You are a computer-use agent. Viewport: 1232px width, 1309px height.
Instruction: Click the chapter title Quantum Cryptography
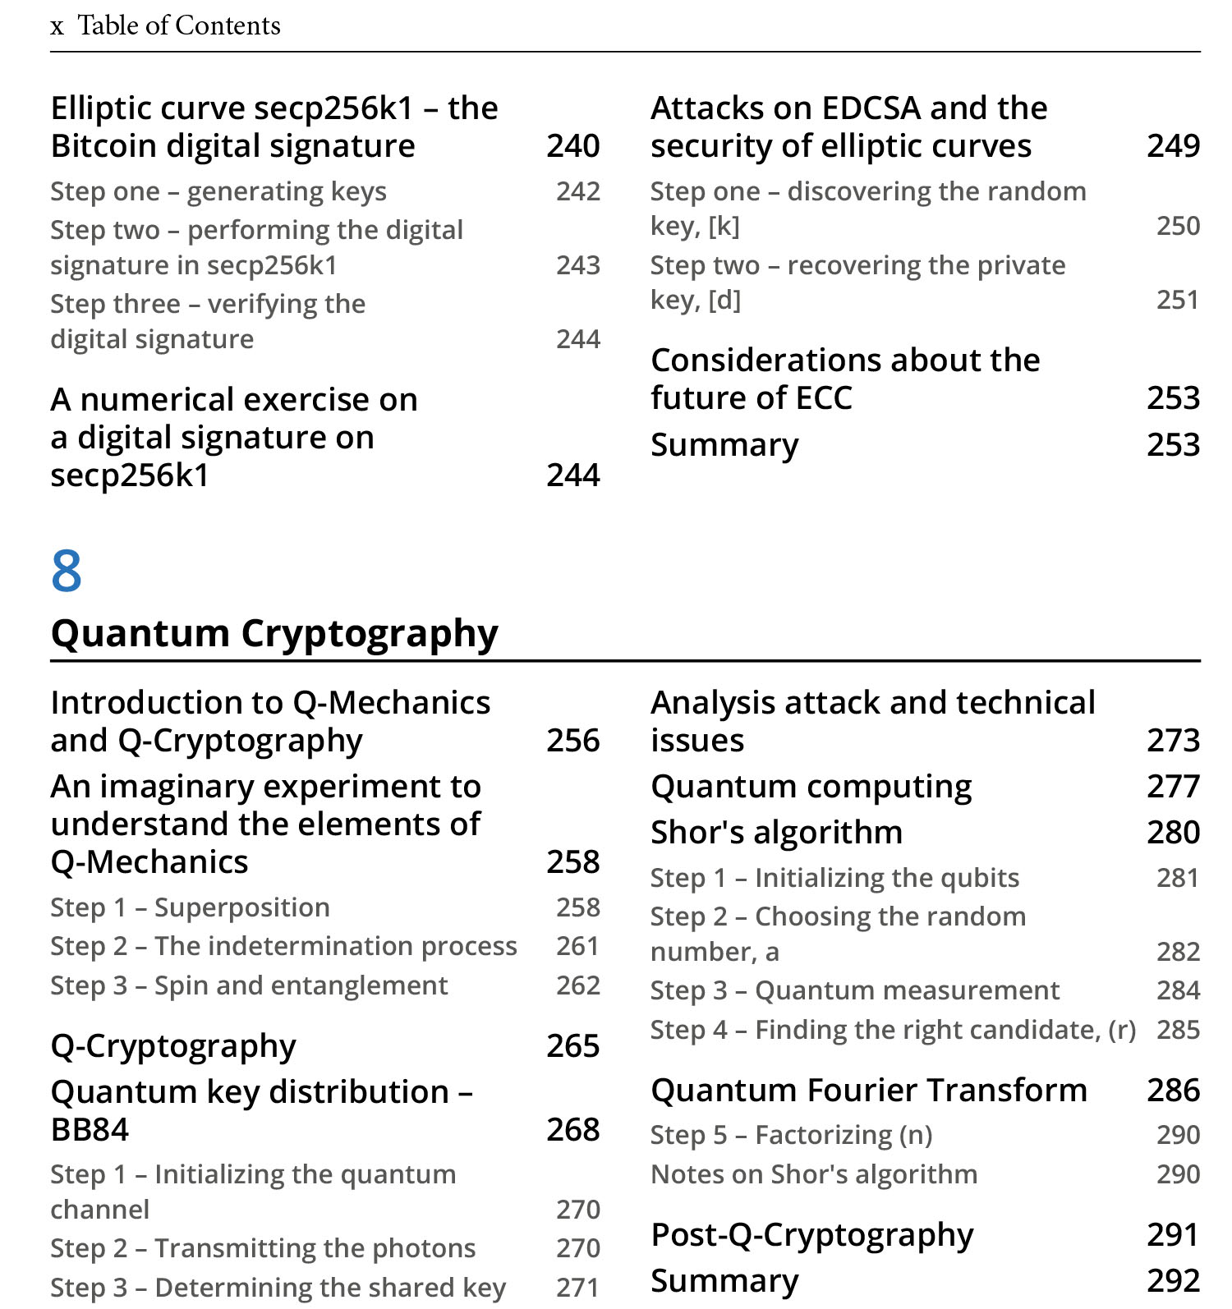point(274,633)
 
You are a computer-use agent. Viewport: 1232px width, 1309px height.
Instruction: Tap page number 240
point(573,146)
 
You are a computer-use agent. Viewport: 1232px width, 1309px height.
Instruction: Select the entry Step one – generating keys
point(218,191)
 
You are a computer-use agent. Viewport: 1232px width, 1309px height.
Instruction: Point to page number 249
point(1173,146)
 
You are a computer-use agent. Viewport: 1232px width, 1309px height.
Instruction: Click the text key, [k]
point(695,226)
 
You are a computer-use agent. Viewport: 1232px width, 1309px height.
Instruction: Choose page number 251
point(1178,300)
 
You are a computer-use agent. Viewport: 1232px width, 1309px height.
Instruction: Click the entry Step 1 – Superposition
point(190,907)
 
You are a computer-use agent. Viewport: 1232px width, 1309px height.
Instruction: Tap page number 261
point(578,946)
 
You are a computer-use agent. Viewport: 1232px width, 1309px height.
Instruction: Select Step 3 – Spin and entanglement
point(249,985)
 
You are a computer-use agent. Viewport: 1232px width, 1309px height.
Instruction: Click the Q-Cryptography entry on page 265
point(173,1046)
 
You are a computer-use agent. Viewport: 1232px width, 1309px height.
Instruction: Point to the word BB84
point(90,1130)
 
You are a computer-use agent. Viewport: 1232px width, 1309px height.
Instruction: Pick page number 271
point(578,1288)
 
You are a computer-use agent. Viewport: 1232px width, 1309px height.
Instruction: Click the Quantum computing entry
point(811,787)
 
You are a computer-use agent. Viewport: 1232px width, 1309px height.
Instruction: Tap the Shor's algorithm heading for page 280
point(776,833)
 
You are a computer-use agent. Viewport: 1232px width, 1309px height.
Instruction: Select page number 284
point(1178,990)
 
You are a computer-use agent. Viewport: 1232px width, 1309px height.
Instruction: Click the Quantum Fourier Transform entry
point(869,1091)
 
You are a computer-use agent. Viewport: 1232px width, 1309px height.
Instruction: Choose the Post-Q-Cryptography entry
point(812,1235)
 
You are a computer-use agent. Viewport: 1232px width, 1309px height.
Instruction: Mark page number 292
point(1173,1281)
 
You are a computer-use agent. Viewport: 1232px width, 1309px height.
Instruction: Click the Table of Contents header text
point(179,25)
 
